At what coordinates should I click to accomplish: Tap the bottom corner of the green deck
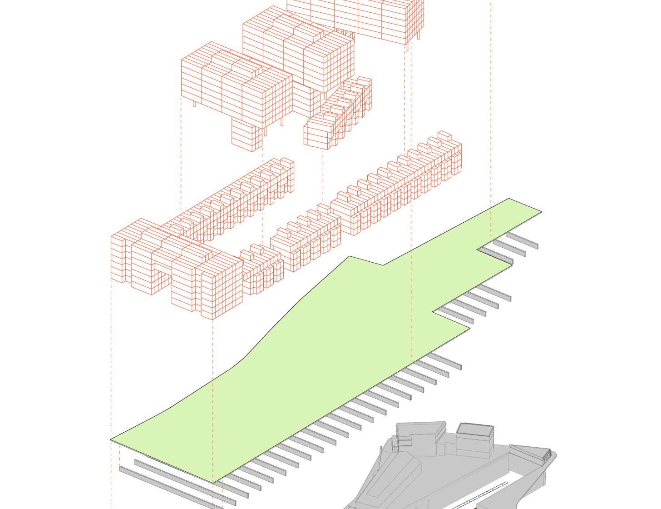[x=213, y=482]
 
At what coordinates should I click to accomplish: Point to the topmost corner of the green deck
[x=509, y=199]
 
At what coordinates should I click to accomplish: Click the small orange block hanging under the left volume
[x=247, y=134]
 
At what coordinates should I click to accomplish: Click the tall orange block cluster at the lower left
[x=177, y=268]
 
